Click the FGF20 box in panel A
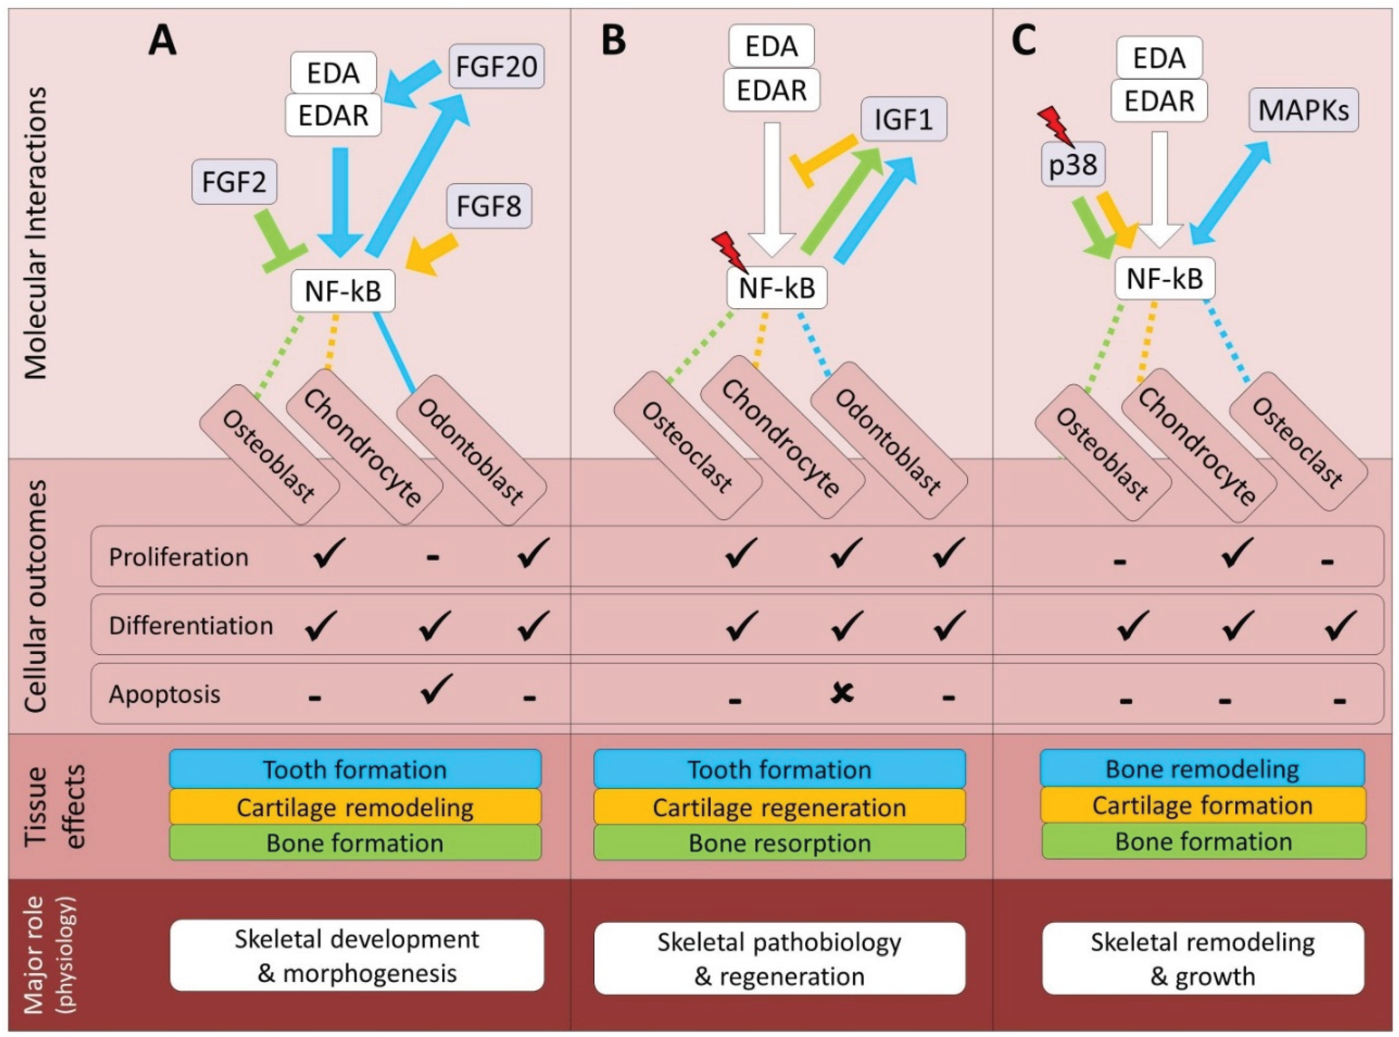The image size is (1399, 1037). (x=496, y=66)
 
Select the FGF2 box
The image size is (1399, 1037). (x=234, y=181)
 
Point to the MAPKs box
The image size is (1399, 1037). (x=1303, y=111)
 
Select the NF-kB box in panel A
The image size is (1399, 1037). (x=343, y=291)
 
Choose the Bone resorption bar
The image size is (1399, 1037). (x=779, y=843)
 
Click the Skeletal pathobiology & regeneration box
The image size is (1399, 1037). (x=779, y=958)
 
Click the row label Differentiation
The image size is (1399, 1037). (x=191, y=625)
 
